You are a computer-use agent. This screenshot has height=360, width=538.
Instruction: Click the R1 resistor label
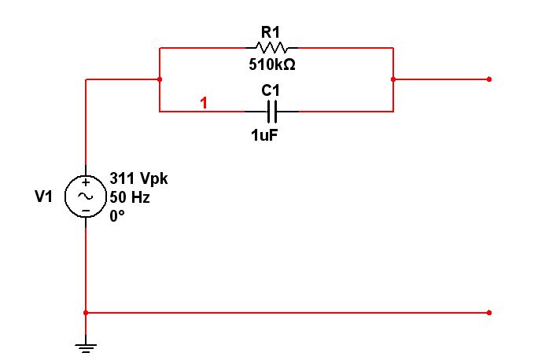point(270,32)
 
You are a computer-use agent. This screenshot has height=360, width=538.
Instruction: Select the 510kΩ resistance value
point(270,64)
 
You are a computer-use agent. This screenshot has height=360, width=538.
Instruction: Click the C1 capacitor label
point(270,90)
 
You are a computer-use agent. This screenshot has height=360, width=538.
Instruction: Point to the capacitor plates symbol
point(271,111)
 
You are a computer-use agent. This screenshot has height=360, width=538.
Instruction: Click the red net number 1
point(204,103)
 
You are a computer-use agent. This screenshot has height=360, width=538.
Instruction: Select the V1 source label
point(43,197)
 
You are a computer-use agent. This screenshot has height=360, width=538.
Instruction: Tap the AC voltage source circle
point(85,197)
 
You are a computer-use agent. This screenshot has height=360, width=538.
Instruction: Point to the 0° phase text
point(117,215)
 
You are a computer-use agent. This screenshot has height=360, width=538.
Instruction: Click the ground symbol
point(85,346)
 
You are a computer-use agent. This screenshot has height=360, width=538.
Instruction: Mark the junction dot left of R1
point(160,79)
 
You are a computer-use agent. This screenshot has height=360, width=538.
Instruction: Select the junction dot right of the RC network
point(392,79)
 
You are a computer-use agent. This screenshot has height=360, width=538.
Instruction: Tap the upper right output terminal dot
point(489,79)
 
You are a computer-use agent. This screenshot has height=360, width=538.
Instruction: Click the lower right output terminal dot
point(489,313)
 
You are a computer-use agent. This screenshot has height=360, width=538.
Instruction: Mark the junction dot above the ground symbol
point(85,313)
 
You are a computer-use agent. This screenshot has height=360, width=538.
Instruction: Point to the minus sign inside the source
point(85,211)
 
